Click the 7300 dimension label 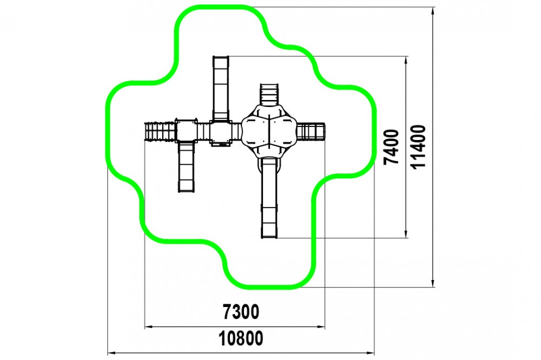pyautogui.click(x=241, y=312)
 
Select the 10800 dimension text pyautogui.click(x=241, y=339)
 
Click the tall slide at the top pyautogui.click(x=221, y=86)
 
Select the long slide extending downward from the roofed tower pyautogui.click(x=269, y=200)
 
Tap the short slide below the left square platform pyautogui.click(x=186, y=166)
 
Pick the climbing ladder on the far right pyautogui.click(x=311, y=131)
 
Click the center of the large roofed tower pyautogui.click(x=269, y=131)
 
